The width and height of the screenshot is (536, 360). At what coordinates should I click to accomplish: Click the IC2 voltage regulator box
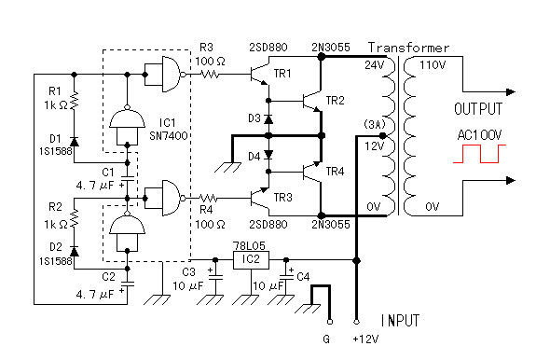click(x=251, y=260)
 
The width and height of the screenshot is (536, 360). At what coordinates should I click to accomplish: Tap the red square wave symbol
click(x=479, y=154)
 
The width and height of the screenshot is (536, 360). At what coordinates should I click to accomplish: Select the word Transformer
click(x=408, y=48)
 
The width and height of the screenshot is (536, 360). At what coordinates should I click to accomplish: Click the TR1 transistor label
click(x=282, y=74)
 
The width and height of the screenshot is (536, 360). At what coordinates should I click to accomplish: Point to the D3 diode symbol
click(x=268, y=119)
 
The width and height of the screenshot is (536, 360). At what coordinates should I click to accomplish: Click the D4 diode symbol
click(x=268, y=155)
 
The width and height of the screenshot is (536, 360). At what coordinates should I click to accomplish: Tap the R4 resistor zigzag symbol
click(x=208, y=198)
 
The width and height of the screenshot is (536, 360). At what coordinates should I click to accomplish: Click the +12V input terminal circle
click(x=356, y=322)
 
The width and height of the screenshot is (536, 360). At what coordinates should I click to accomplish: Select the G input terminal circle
click(x=330, y=322)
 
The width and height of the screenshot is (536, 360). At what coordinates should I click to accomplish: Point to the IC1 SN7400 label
click(x=168, y=130)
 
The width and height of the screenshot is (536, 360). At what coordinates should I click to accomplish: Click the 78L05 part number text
click(x=249, y=246)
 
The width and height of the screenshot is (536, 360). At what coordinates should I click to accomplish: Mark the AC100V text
click(x=479, y=135)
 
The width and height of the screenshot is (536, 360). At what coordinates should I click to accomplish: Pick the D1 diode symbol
click(x=74, y=142)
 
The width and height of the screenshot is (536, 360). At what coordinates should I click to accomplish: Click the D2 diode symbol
click(x=74, y=251)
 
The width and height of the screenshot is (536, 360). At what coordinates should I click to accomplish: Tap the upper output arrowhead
click(x=511, y=91)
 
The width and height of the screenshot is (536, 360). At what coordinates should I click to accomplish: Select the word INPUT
click(x=400, y=321)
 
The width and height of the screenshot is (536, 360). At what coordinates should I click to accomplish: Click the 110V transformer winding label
click(x=433, y=65)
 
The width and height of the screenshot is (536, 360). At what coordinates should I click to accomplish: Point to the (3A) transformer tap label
click(x=375, y=124)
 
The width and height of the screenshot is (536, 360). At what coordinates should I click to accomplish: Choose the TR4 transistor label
click(x=335, y=171)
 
